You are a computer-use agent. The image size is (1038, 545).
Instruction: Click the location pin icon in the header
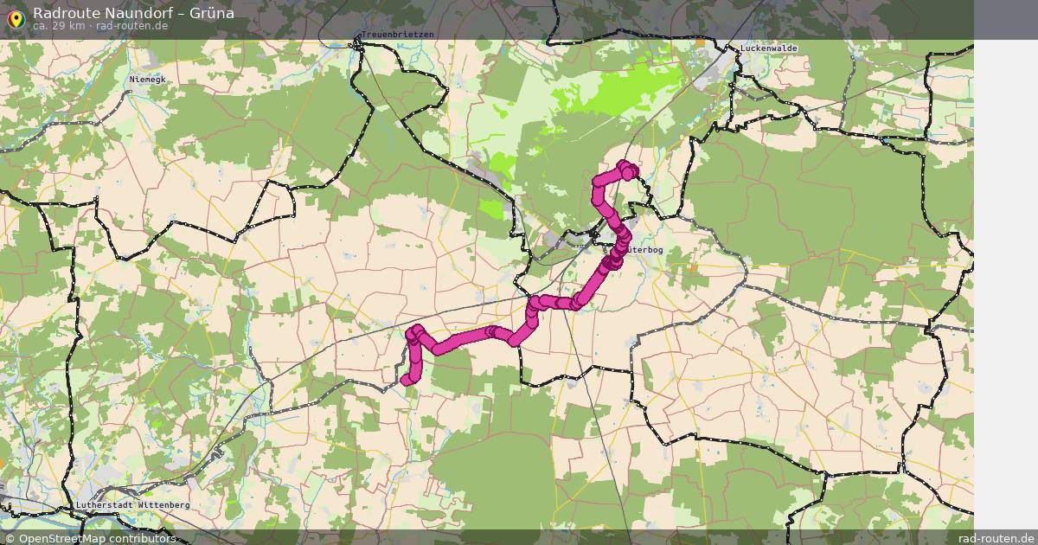tap(16, 18)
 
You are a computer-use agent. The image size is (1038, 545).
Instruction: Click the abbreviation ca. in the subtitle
tap(42, 26)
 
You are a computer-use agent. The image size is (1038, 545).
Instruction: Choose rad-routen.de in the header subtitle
tap(131, 26)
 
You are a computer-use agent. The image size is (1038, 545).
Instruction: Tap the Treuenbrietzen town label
tap(397, 34)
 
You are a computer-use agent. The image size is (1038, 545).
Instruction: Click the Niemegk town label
tap(146, 79)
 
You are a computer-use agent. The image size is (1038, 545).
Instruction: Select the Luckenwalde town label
tap(768, 48)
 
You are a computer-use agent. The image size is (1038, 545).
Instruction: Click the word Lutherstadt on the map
tap(104, 504)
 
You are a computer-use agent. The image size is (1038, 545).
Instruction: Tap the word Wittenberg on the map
tap(162, 504)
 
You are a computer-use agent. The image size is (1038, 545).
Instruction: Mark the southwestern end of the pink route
tap(406, 379)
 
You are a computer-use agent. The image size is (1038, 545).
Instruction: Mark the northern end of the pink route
tap(625, 167)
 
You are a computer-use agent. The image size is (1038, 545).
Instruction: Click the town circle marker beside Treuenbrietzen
tap(355, 44)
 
